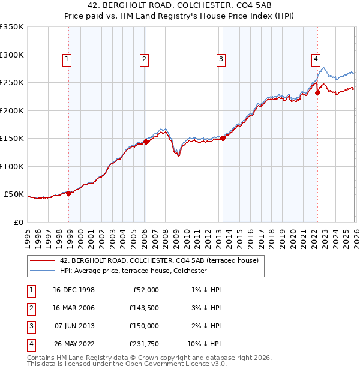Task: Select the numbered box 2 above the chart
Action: pos(145,59)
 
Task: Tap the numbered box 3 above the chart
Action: pos(221,59)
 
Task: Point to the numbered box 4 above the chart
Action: pos(315,59)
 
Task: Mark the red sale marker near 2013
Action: pos(223,138)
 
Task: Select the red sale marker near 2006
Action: pos(146,142)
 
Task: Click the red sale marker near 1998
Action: pos(69,193)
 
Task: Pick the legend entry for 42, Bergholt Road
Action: pos(159,260)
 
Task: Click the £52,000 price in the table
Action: pos(146,290)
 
